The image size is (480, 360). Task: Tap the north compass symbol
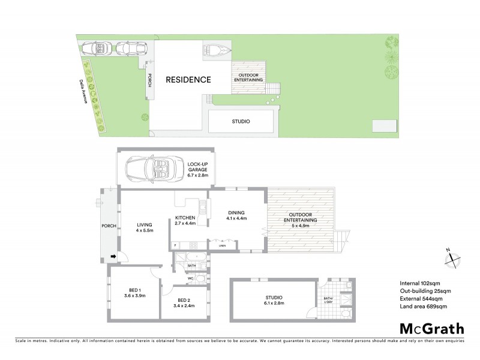click(x=449, y=258)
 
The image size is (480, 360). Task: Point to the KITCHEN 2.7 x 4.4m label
click(x=185, y=220)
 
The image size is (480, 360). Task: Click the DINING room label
click(x=236, y=215)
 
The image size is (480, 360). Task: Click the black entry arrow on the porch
click(x=113, y=258)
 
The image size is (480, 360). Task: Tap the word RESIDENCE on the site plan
click(x=188, y=79)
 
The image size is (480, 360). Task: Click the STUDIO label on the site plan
click(x=241, y=122)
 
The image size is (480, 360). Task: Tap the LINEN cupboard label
click(x=222, y=245)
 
